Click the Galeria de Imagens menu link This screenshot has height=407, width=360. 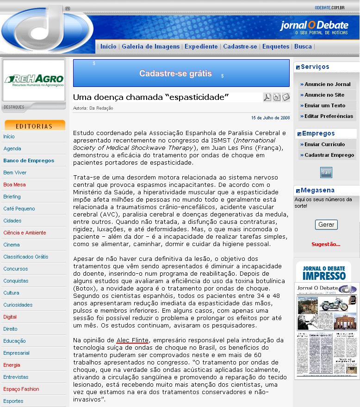[x=150, y=46]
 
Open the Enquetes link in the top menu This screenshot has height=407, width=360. [x=275, y=46]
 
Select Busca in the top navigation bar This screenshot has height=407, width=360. [x=303, y=46]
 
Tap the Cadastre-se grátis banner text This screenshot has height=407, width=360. [x=175, y=74]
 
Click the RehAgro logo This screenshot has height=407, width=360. [x=34, y=80]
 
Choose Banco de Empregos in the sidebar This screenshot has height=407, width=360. [x=29, y=160]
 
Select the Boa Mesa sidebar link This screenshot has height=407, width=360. [x=14, y=185]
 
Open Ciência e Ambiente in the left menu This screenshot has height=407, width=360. [x=25, y=233]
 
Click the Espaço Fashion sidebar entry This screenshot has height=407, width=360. [x=21, y=389]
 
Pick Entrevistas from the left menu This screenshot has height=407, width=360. [x=16, y=377]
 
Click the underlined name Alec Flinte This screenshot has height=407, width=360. [x=132, y=340]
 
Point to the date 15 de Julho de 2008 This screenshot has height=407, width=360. [x=270, y=118]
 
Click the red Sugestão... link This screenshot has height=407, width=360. [x=326, y=244]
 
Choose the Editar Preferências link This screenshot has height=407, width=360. [x=329, y=116]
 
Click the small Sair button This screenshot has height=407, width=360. [x=326, y=173]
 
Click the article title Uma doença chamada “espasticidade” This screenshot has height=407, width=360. [x=151, y=97]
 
